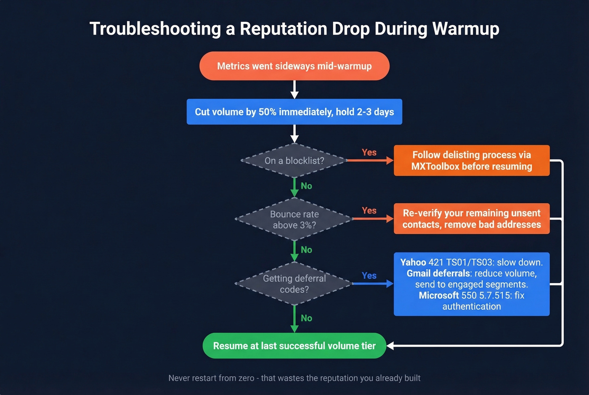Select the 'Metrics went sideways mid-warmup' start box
[294, 66]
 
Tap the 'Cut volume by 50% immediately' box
[294, 112]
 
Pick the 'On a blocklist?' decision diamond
[294, 161]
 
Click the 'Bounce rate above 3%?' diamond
[294, 220]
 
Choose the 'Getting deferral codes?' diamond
[294, 284]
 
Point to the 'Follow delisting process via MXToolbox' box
[472, 161]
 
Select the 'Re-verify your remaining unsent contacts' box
[472, 219]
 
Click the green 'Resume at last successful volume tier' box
[294, 346]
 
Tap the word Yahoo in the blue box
[413, 262]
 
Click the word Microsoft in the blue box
[439, 295]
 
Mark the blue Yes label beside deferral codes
[369, 276]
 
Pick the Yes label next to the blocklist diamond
[369, 152]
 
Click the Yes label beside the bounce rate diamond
[369, 210]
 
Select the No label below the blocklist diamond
[306, 186]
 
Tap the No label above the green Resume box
[306, 318]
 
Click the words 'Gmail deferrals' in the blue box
[438, 273]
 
